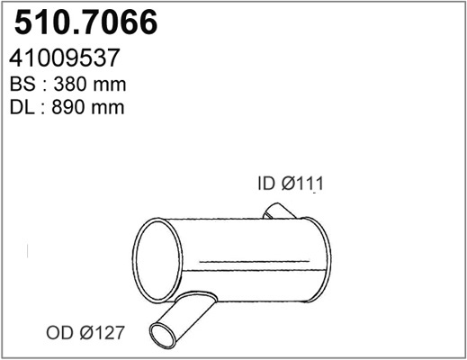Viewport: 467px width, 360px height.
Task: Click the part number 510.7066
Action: click(x=85, y=22)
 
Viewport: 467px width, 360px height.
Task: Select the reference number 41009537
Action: click(x=65, y=58)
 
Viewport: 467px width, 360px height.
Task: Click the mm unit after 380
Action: click(x=110, y=85)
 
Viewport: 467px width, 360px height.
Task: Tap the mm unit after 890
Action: click(x=108, y=109)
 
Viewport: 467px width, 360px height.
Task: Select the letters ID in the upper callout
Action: click(x=266, y=183)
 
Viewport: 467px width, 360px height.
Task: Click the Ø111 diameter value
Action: click(x=302, y=183)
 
